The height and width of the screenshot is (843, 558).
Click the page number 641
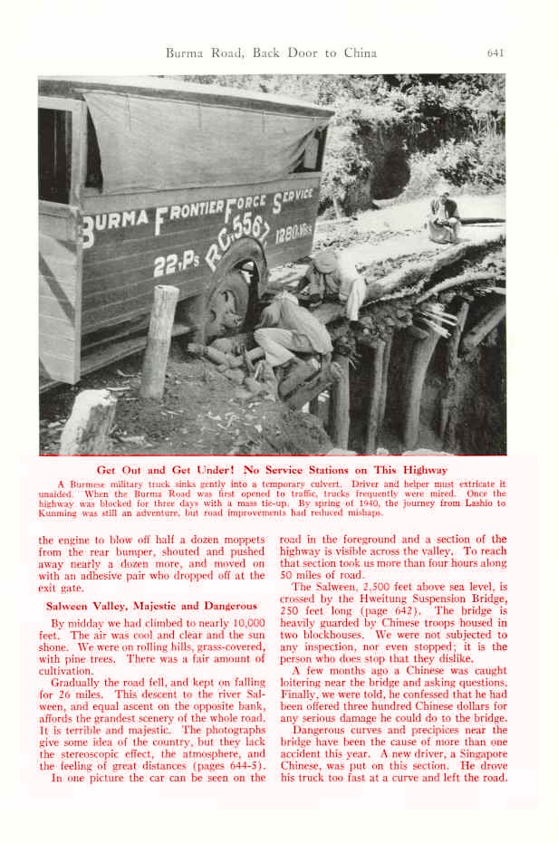[x=495, y=53]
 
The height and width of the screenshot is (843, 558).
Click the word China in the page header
[x=360, y=53]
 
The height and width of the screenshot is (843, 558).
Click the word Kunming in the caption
[x=60, y=513]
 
